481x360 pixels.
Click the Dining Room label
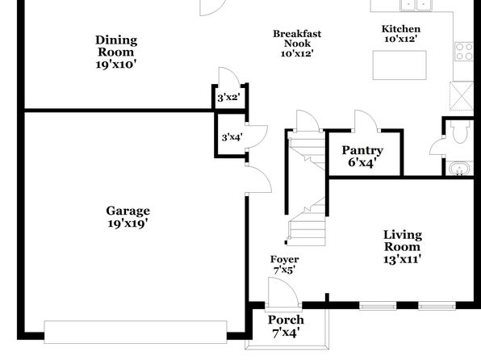(116, 46)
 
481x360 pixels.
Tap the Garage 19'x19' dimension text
(128, 224)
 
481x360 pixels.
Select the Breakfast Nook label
(297, 39)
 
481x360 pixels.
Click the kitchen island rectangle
(399, 65)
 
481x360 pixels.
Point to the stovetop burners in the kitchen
(464, 51)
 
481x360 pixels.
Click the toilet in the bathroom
(460, 132)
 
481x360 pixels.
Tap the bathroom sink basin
(459, 169)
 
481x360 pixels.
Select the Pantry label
(362, 150)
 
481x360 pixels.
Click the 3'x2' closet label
(228, 98)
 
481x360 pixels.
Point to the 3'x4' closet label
(232, 137)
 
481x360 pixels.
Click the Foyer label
(284, 259)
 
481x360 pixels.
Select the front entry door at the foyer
(282, 292)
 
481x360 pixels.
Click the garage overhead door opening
(136, 332)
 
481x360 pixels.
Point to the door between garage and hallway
(258, 179)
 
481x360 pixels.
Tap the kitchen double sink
(416, 5)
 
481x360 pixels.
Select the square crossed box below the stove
(462, 95)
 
